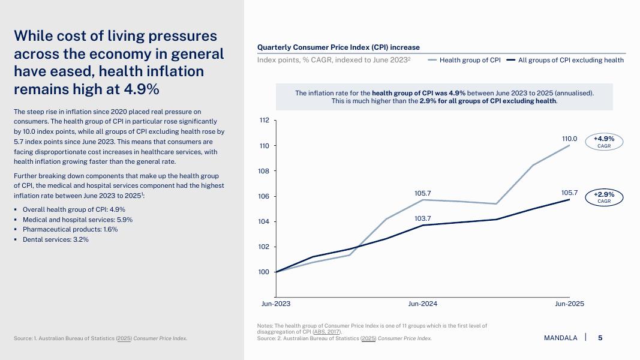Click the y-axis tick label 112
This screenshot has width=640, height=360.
(264, 121)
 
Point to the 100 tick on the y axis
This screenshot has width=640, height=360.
(264, 272)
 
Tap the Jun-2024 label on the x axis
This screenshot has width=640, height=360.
(422, 304)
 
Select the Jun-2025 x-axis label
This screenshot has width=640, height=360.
(569, 304)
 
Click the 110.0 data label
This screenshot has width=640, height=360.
(569, 139)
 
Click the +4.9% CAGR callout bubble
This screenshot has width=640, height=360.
(604, 142)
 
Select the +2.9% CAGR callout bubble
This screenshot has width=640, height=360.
(604, 197)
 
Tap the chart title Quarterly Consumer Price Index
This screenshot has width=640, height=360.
(338, 47)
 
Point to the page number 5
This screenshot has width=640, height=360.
(600, 338)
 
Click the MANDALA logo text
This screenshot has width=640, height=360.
(560, 338)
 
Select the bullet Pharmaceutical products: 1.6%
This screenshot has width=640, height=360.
(70, 230)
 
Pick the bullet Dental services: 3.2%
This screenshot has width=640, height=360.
(56, 239)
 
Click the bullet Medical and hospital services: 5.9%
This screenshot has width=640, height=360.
(77, 220)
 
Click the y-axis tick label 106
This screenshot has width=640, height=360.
(264, 197)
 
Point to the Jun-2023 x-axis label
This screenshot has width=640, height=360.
(275, 304)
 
